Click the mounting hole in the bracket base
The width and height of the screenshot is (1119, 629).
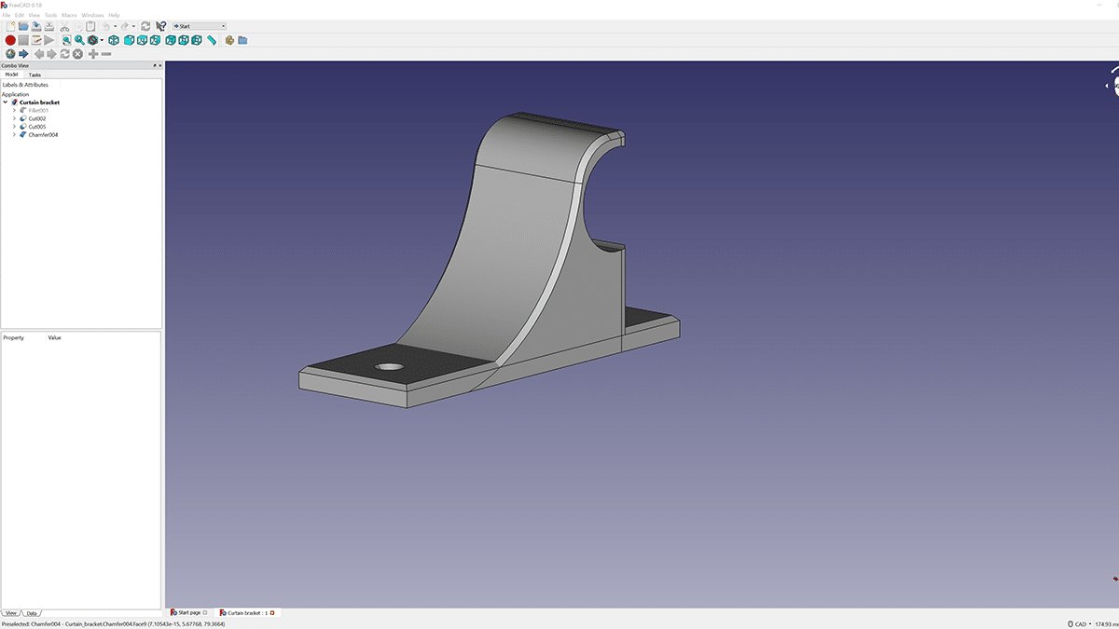(x=390, y=367)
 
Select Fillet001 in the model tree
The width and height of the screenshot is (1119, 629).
(x=38, y=110)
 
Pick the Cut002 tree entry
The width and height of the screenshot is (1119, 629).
(x=37, y=118)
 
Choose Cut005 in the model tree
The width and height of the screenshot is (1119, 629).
(x=37, y=127)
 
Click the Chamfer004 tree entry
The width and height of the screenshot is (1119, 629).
(x=43, y=135)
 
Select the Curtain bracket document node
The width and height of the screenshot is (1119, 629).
(x=39, y=103)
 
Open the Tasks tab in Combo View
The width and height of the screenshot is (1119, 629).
(x=35, y=75)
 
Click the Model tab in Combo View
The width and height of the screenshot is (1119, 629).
(x=11, y=75)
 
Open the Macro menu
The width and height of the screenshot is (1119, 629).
(x=69, y=15)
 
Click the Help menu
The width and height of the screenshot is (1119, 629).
(x=114, y=15)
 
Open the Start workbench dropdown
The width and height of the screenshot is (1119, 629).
(x=200, y=26)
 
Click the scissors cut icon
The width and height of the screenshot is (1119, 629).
(x=64, y=26)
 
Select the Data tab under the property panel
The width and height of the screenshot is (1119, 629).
(x=32, y=613)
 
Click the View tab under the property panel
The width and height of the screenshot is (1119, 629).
(x=11, y=613)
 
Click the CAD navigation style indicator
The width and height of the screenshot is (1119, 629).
(x=1077, y=623)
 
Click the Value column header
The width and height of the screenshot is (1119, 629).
(x=54, y=337)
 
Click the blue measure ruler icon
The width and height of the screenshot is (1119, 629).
(x=212, y=40)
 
